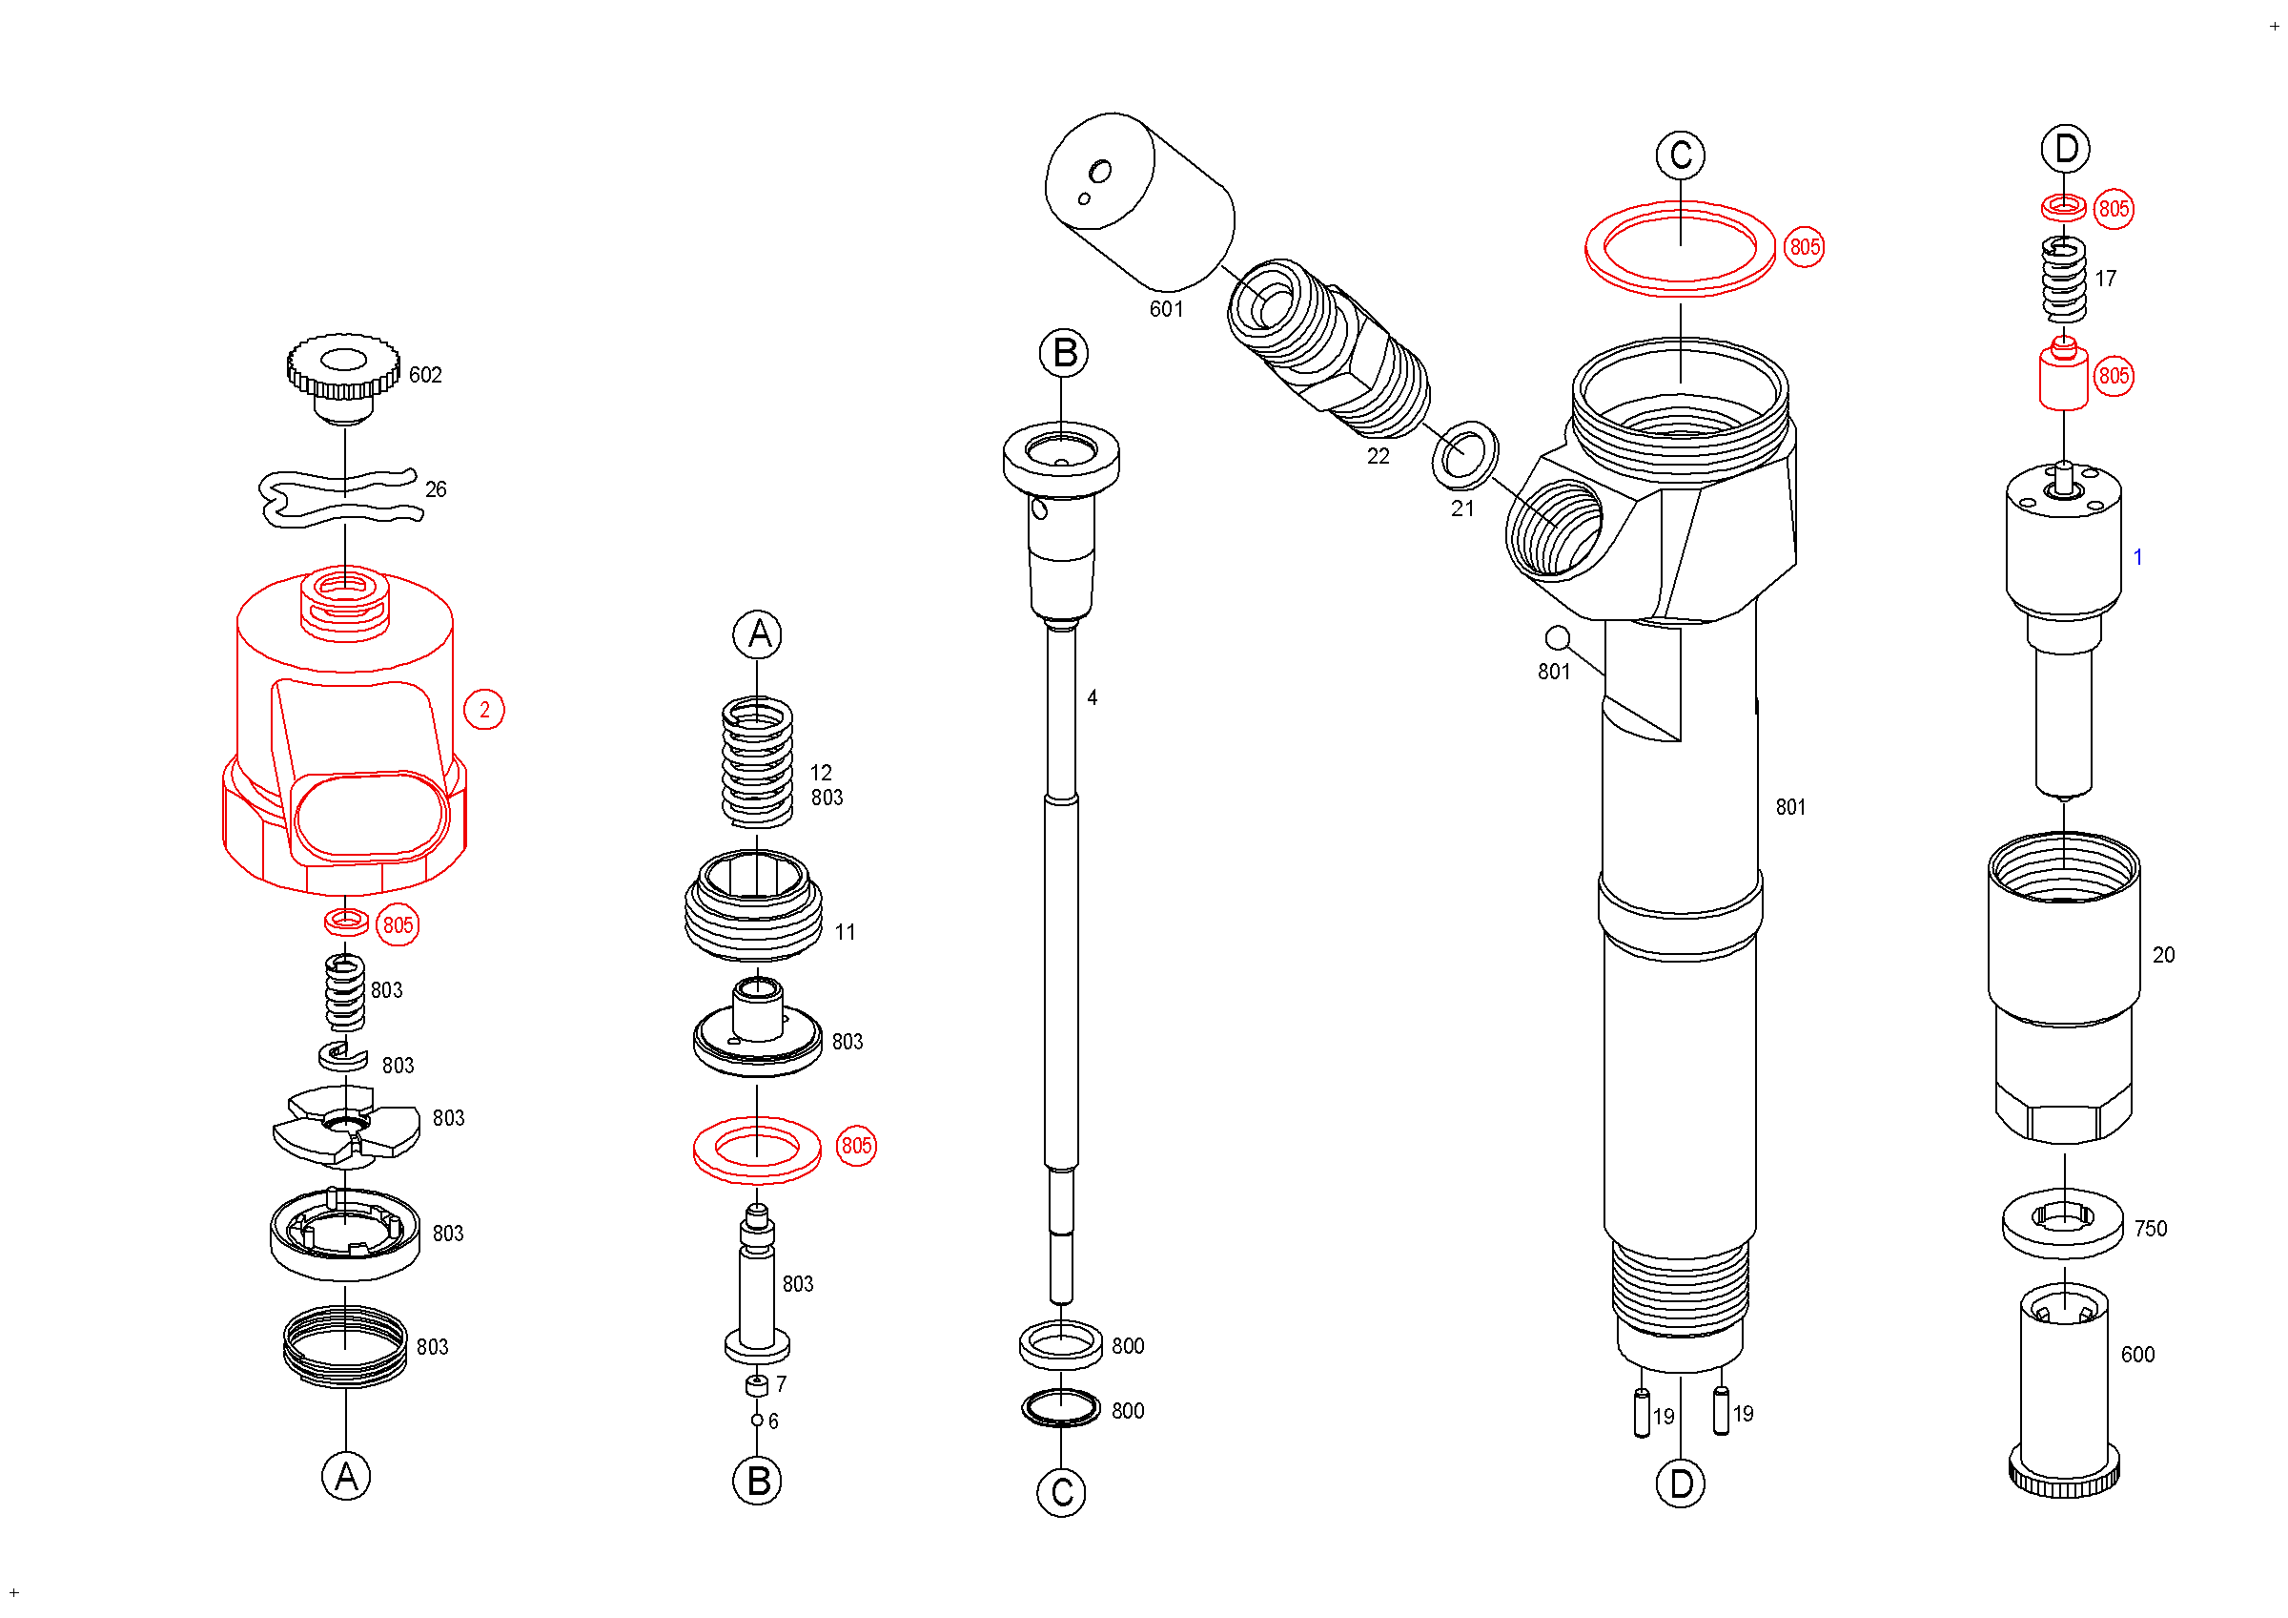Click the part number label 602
tap(425, 375)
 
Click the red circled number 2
tap(484, 710)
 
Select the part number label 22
tap(1378, 457)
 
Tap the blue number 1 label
tap(2136, 557)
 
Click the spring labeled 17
tap(2064, 280)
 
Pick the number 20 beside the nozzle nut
tap(2162, 955)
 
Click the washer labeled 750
tap(2062, 1223)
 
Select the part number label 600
tap(2136, 1355)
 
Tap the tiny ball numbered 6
tap(757, 1420)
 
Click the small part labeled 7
tap(757, 1384)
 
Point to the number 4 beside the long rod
tap(1093, 697)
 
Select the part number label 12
tap(820, 773)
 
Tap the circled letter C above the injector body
tap(1680, 156)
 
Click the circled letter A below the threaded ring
tap(346, 1477)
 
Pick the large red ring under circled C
tap(1680, 288)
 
